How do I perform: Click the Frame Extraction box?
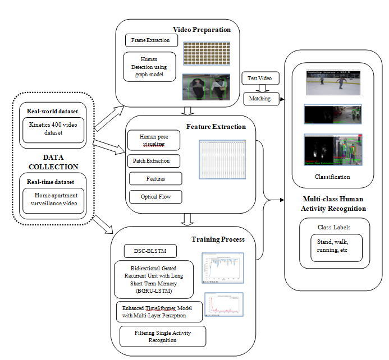pos(151,41)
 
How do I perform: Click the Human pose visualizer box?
pos(154,140)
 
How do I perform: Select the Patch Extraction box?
pos(154,161)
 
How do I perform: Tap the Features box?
pos(155,178)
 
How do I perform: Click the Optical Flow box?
pos(155,196)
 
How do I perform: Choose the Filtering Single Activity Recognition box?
pos(163,336)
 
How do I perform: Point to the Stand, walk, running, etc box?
pos(336,247)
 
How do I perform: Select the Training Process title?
pos(218,239)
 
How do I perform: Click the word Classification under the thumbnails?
pos(332,177)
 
